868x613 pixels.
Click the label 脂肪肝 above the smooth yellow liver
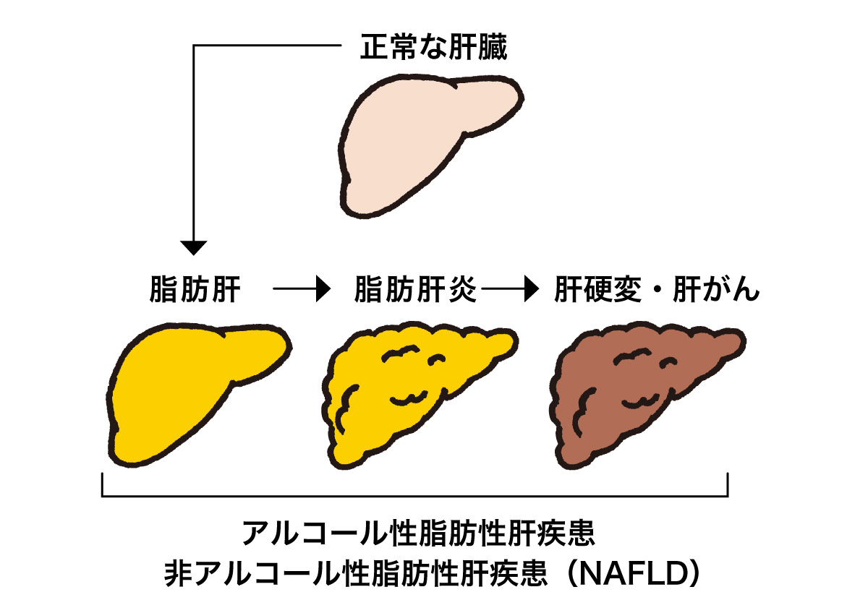(x=195, y=291)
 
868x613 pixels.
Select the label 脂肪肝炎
(x=415, y=291)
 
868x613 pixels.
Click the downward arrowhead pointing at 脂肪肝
(x=193, y=247)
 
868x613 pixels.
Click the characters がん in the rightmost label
(x=736, y=291)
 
